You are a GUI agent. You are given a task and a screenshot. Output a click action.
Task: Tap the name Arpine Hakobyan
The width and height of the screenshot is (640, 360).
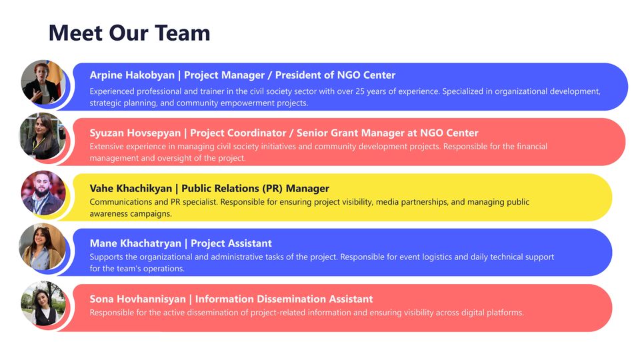[x=132, y=75]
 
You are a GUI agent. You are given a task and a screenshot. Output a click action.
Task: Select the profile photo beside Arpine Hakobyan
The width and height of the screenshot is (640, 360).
[x=43, y=82]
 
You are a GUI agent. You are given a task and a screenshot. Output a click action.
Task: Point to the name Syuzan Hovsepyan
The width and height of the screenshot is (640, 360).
[x=135, y=133]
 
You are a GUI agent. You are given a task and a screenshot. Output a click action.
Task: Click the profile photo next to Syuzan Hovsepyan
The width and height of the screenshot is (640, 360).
[x=43, y=136]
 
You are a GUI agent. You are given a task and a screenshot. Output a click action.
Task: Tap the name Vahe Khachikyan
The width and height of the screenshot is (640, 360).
[x=131, y=189]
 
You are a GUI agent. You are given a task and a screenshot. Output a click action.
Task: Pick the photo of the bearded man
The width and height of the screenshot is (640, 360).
[x=43, y=193]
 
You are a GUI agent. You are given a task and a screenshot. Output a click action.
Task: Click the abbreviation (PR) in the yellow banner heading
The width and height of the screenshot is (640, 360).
[x=272, y=189]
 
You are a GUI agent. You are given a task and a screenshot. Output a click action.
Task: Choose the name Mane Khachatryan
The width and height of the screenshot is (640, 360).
[x=135, y=243]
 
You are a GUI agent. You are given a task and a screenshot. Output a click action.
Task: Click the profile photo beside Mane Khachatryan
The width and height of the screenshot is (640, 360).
[x=43, y=247]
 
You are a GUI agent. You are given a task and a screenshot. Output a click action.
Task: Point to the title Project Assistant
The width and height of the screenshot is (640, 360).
[x=231, y=243]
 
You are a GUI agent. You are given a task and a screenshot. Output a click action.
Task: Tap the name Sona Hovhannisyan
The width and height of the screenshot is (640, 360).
[x=137, y=299]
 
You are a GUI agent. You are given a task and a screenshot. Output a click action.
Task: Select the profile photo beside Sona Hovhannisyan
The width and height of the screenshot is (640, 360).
[x=43, y=303]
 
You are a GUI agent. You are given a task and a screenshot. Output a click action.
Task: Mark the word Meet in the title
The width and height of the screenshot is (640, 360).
[x=75, y=33]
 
